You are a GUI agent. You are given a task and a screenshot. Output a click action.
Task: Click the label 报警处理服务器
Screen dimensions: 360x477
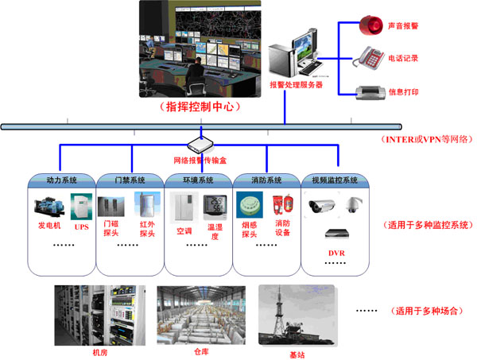click(296, 84)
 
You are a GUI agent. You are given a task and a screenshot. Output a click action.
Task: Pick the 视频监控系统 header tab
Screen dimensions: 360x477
click(334, 180)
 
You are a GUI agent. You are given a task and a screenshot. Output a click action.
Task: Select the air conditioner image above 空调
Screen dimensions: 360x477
click(184, 207)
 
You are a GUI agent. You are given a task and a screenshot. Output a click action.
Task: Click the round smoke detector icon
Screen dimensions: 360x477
click(250, 203)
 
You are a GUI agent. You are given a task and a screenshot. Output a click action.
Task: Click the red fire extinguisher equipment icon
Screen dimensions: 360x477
click(279, 206)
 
